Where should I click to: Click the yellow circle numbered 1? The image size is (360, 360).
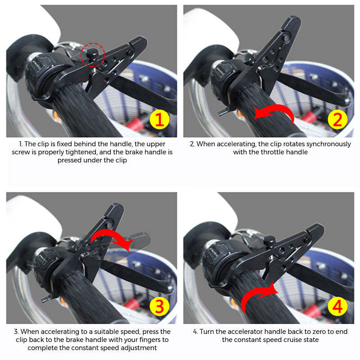click(159, 120)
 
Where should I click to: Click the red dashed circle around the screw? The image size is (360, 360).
click(93, 55)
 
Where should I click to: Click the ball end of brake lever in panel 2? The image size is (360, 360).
click(346, 101)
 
